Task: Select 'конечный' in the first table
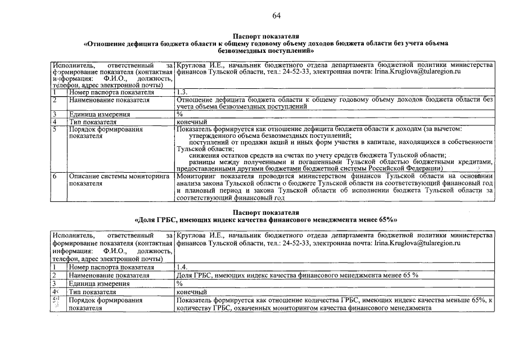(192, 121)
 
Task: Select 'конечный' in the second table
(192, 292)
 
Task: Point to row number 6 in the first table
(55, 176)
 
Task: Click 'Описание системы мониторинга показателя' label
(119, 179)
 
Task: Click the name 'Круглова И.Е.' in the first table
(198, 65)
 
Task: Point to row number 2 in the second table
(55, 276)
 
